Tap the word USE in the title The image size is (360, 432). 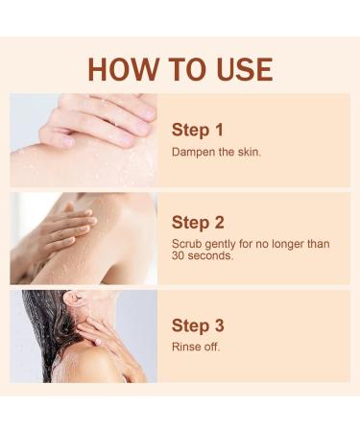click(x=237, y=69)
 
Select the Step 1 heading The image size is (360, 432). click(x=197, y=130)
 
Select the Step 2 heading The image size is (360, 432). click(x=197, y=223)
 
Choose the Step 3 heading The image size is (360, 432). click(x=197, y=324)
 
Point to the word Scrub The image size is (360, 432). click(x=186, y=244)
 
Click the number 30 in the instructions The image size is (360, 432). click(x=179, y=256)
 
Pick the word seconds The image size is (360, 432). click(x=212, y=256)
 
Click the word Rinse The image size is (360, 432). click(x=186, y=347)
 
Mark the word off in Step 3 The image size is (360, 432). click(x=211, y=347)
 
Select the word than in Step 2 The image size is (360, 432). click(x=319, y=244)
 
